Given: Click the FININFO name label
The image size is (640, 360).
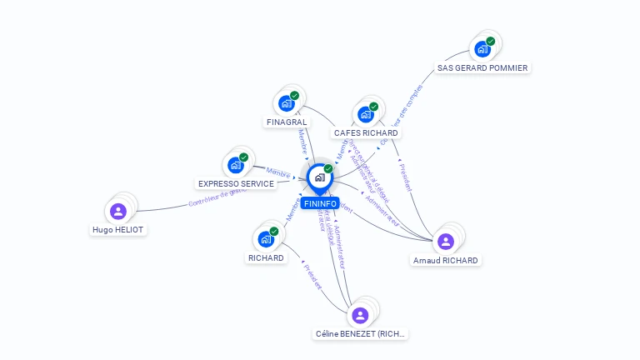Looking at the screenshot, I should pyautogui.click(x=320, y=203).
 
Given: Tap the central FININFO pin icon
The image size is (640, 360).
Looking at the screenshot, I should pyautogui.click(x=319, y=177).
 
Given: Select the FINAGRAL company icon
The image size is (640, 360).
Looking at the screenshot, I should pyautogui.click(x=287, y=103).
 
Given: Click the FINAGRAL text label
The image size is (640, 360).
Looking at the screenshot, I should pyautogui.click(x=287, y=122).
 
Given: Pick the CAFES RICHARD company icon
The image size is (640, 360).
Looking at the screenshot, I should pyautogui.click(x=366, y=114).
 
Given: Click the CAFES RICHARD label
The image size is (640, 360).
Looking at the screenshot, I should pyautogui.click(x=366, y=132).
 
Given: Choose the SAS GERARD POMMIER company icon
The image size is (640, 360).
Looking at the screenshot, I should pyautogui.click(x=482, y=49).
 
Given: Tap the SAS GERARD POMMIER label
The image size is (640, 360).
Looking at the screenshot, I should pyautogui.click(x=482, y=67).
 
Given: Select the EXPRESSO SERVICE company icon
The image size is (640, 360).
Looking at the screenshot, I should pyautogui.click(x=236, y=165).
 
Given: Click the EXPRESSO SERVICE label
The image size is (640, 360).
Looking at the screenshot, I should pyautogui.click(x=236, y=183).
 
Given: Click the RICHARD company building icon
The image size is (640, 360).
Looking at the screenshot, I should pyautogui.click(x=266, y=239).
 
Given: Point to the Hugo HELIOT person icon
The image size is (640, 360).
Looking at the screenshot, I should pyautogui.click(x=118, y=211).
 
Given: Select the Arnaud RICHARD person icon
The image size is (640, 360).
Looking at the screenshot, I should pyautogui.click(x=445, y=242).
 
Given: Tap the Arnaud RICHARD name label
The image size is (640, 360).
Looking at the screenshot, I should pyautogui.click(x=446, y=260).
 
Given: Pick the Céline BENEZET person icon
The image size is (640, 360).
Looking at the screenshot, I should pyautogui.click(x=360, y=315).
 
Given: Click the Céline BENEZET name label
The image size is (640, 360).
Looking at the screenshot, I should pyautogui.click(x=361, y=333).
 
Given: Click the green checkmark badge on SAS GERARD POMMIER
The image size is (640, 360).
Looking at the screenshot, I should pyautogui.click(x=491, y=41).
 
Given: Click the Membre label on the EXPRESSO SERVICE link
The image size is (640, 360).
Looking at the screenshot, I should pyautogui.click(x=277, y=172).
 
